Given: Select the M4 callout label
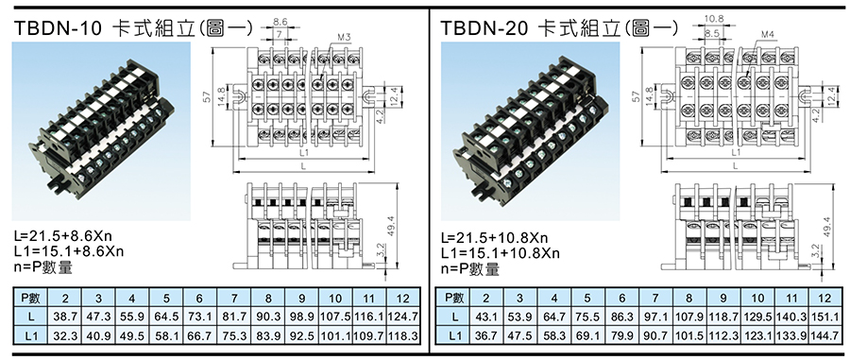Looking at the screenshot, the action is click(x=768, y=35).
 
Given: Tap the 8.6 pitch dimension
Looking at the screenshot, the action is click(x=280, y=23).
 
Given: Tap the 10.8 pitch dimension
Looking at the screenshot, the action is click(x=714, y=19).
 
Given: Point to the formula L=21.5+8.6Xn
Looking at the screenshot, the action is click(x=64, y=237).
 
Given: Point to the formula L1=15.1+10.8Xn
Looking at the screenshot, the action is click(x=501, y=253).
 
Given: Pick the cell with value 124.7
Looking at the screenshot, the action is click(x=403, y=317).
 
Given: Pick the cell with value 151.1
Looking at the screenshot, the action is click(x=824, y=317).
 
